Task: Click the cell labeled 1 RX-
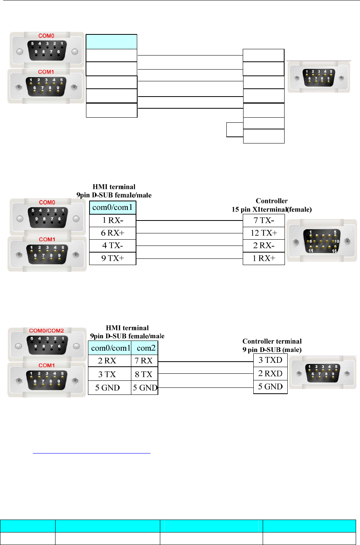113,220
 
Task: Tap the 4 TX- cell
113,246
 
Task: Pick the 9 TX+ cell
113,258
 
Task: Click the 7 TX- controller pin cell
263,220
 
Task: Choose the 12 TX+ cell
263,233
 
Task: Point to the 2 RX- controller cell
263,246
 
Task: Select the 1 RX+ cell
263,258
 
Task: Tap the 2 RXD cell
270,373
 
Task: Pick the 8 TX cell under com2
144,374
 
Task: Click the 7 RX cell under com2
144,360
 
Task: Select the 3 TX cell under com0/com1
109,374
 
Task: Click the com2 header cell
145,347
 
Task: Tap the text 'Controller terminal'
272,341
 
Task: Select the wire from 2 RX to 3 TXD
206,362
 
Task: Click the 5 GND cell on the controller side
270,387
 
